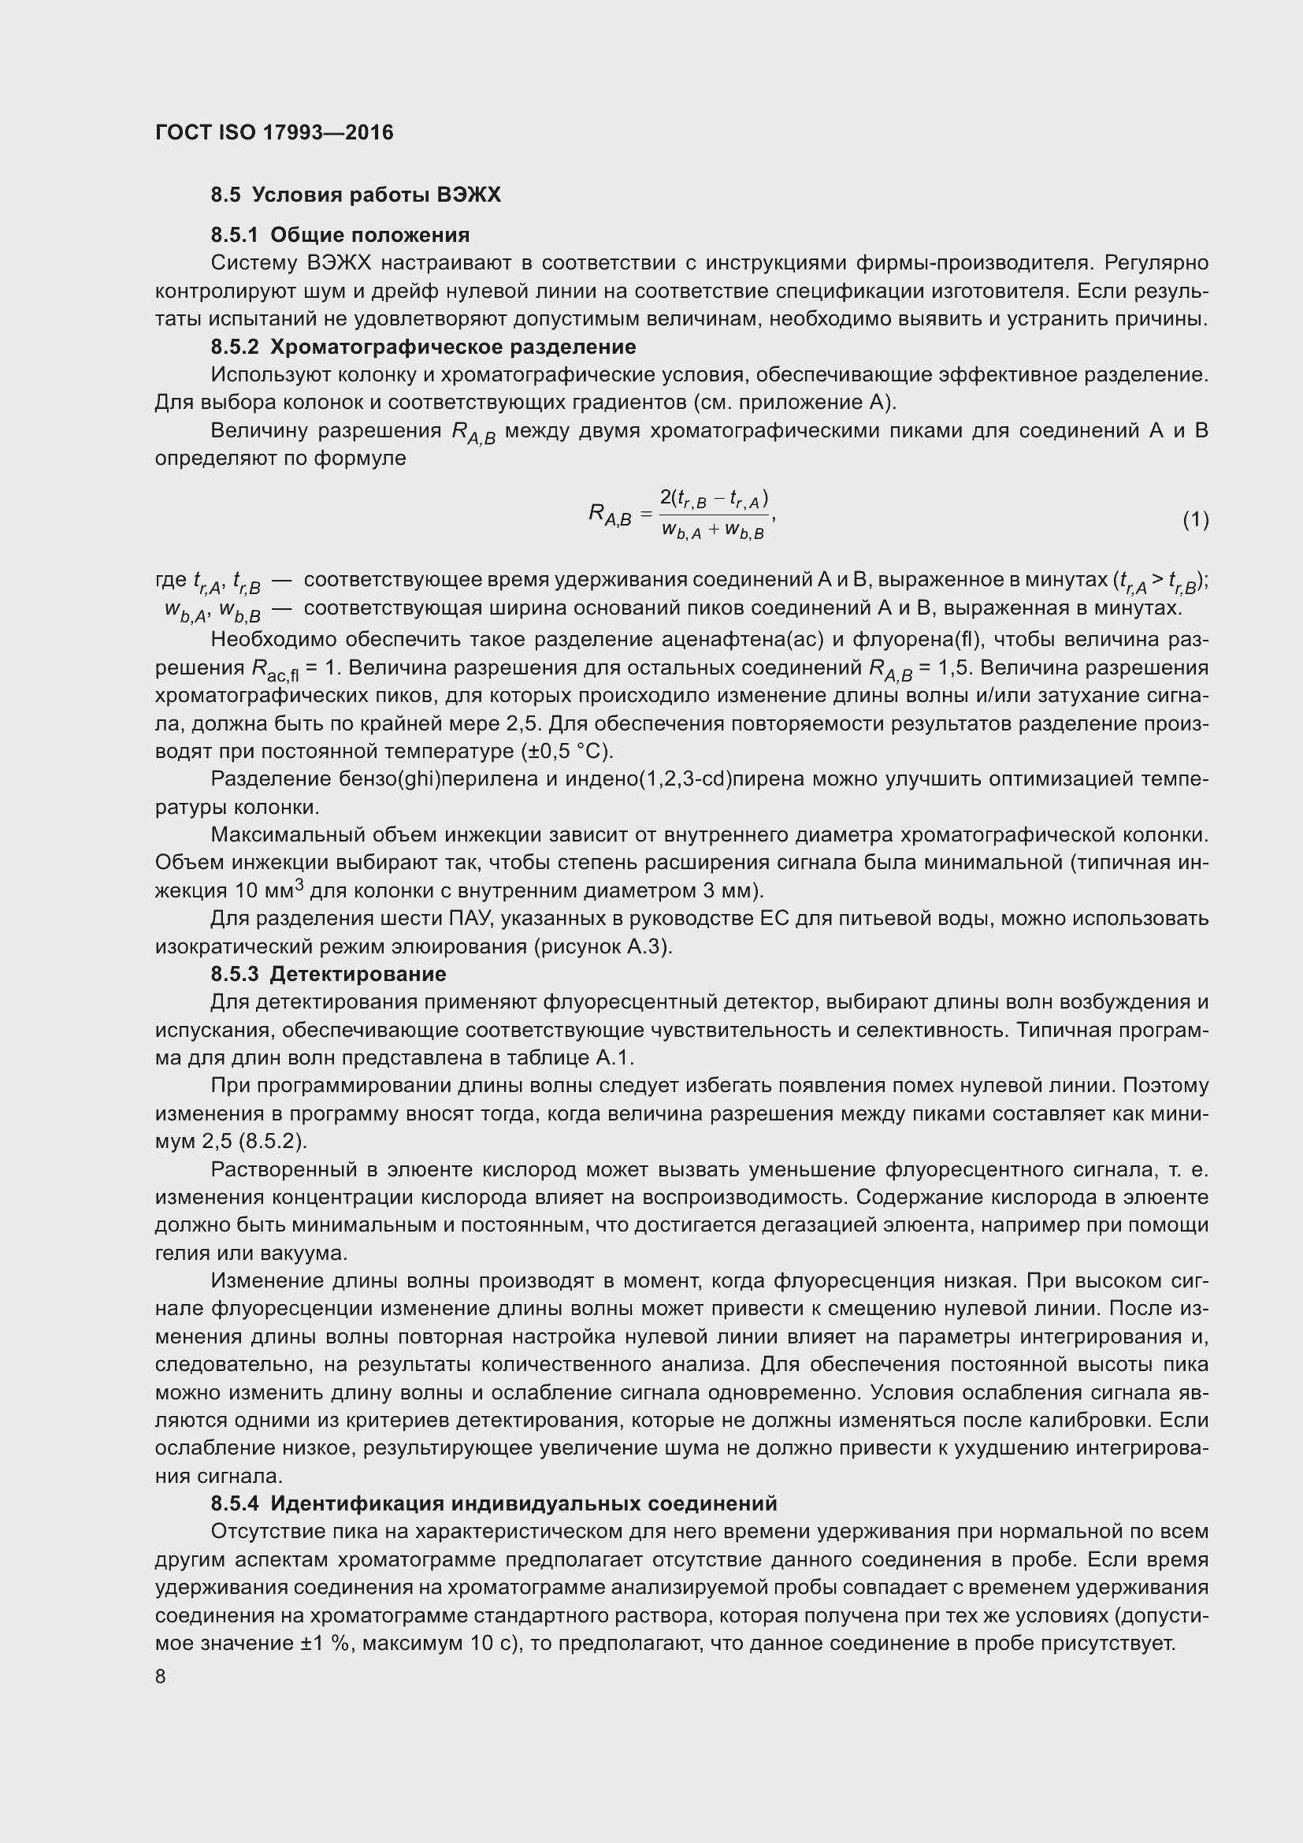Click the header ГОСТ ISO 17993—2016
(274, 132)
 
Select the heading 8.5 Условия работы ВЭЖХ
(355, 195)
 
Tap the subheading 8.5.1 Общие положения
(340, 235)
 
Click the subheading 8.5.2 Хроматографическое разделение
(424, 347)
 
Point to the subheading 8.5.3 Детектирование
(329, 974)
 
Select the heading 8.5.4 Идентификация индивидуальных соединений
(494, 1503)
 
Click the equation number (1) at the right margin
(1196, 520)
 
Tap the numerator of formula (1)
(713, 500)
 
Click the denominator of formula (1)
(712, 530)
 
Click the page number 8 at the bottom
(161, 1676)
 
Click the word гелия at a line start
(180, 1252)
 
